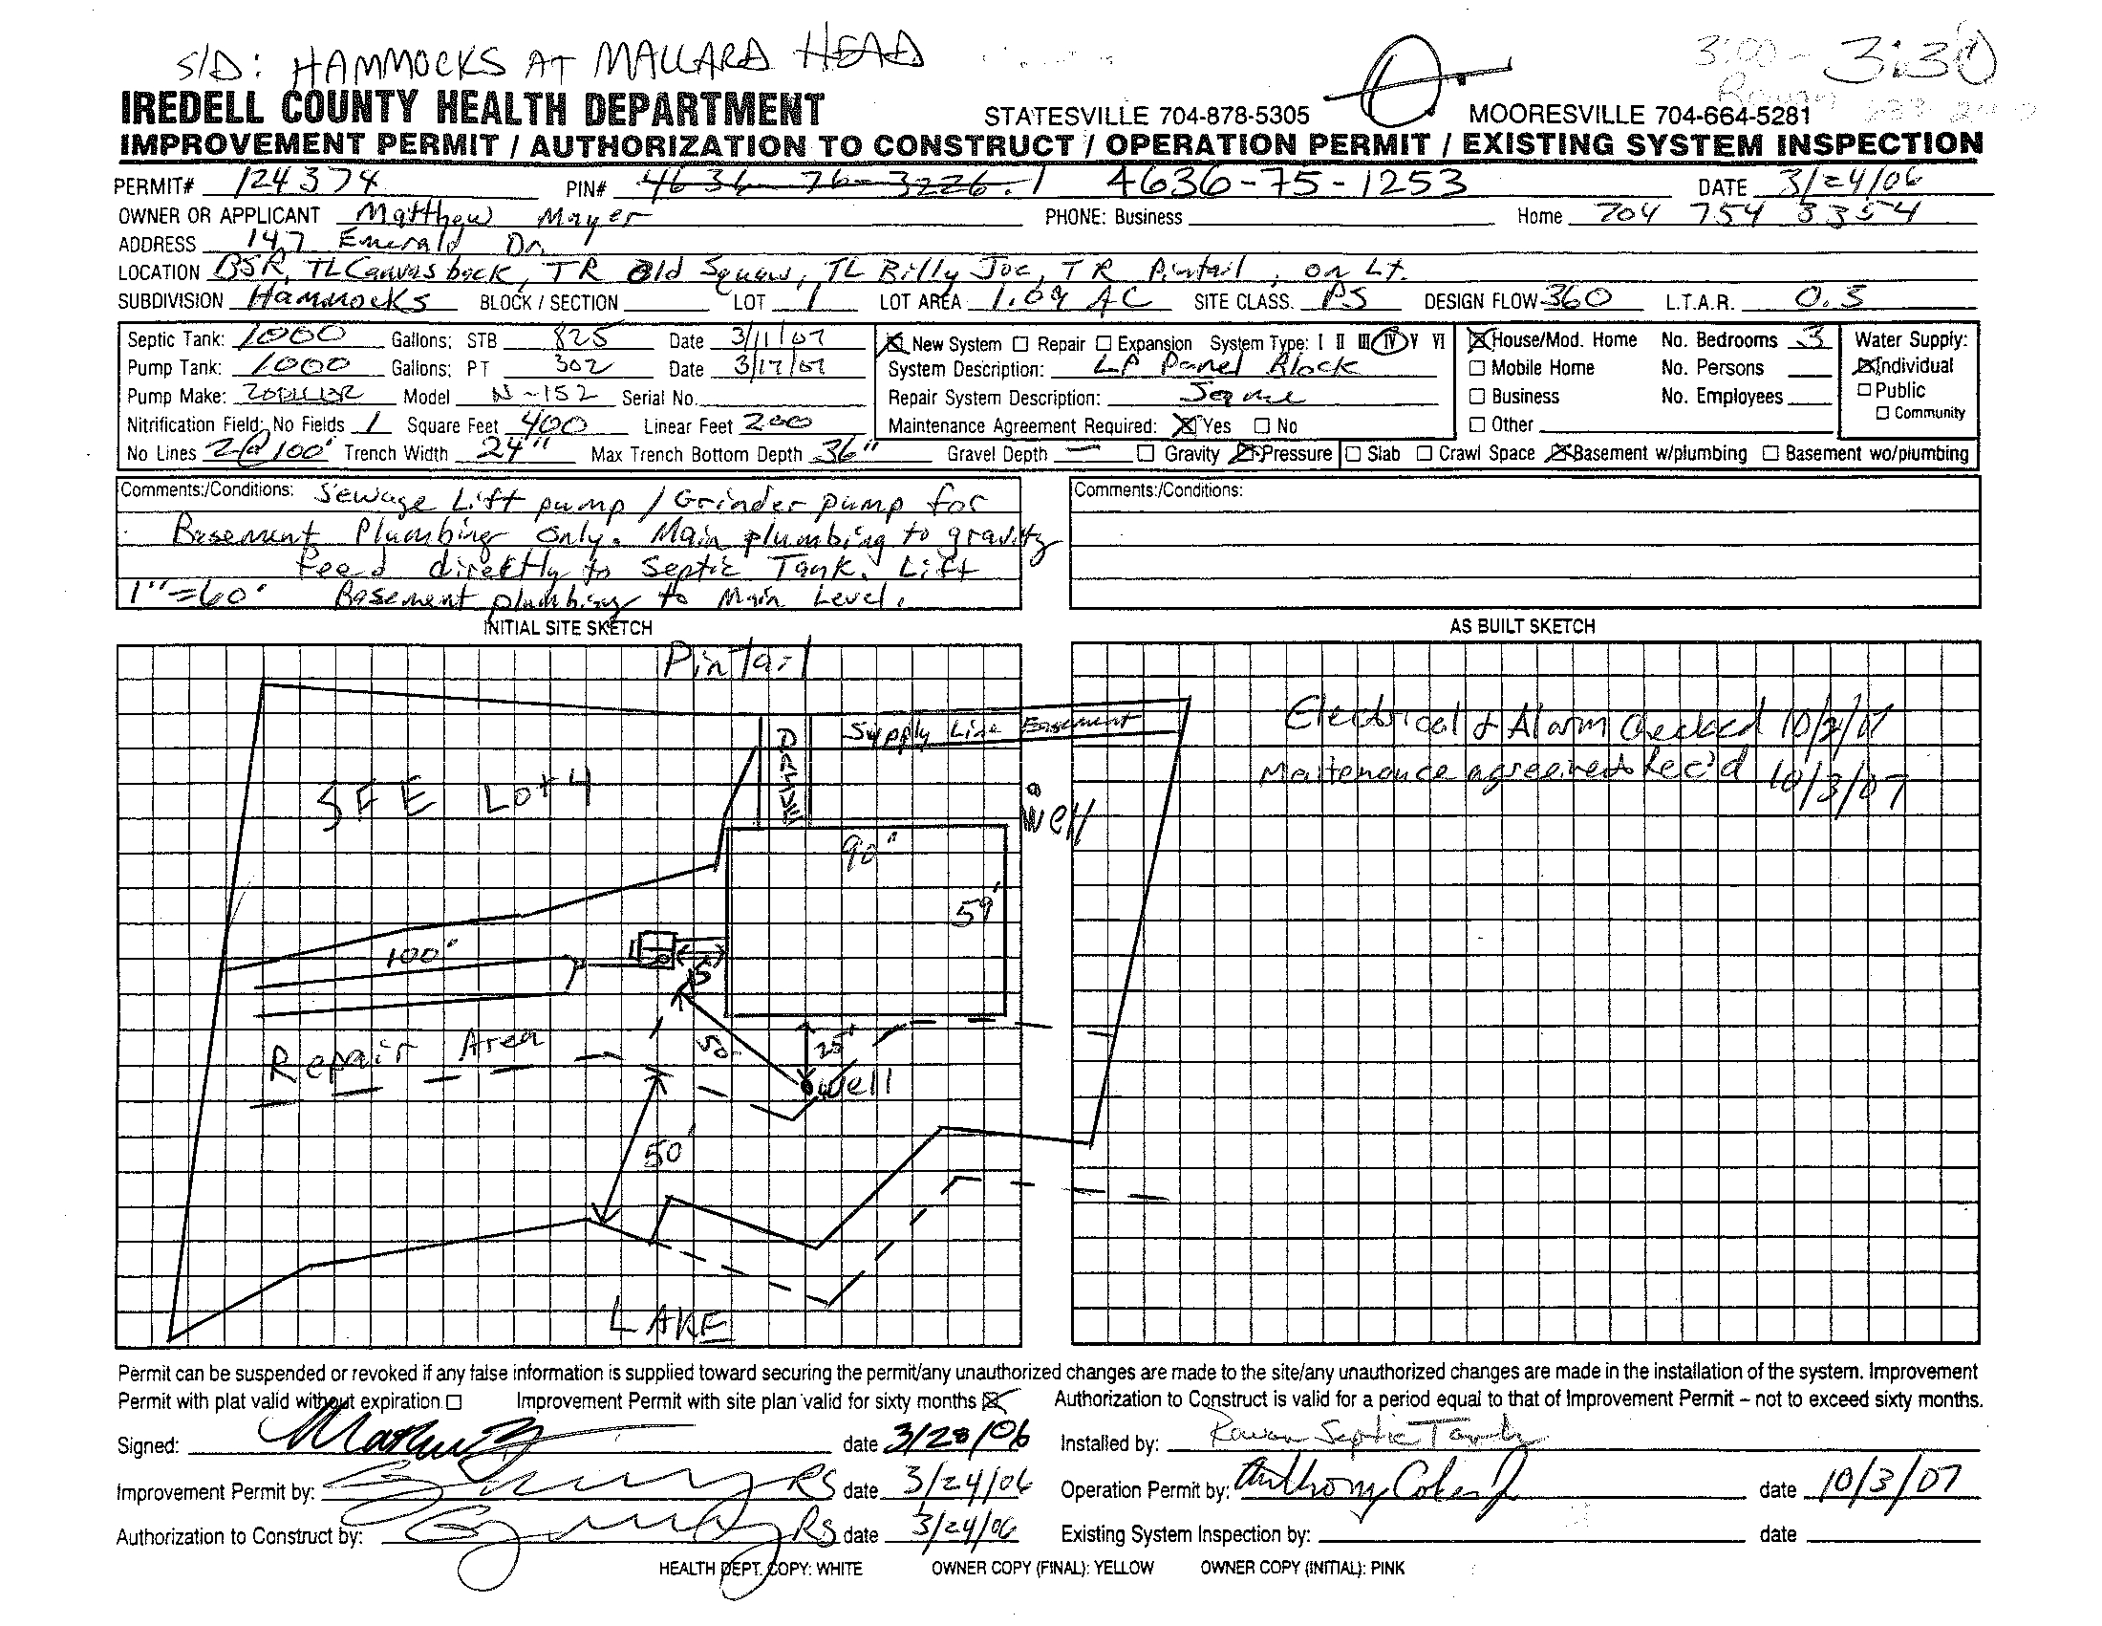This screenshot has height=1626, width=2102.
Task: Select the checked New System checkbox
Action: [895, 343]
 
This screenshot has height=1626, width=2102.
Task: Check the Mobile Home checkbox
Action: [1477, 368]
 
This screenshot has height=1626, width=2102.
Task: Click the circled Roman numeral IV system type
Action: [1387, 342]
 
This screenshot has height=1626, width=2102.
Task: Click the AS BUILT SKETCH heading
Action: [1522, 627]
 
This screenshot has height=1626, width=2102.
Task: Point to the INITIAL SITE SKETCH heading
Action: [567, 628]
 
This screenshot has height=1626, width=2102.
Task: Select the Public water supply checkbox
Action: [1865, 390]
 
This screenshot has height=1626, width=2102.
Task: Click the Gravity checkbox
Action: [1146, 453]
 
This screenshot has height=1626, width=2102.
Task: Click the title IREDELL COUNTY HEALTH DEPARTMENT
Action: [473, 110]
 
